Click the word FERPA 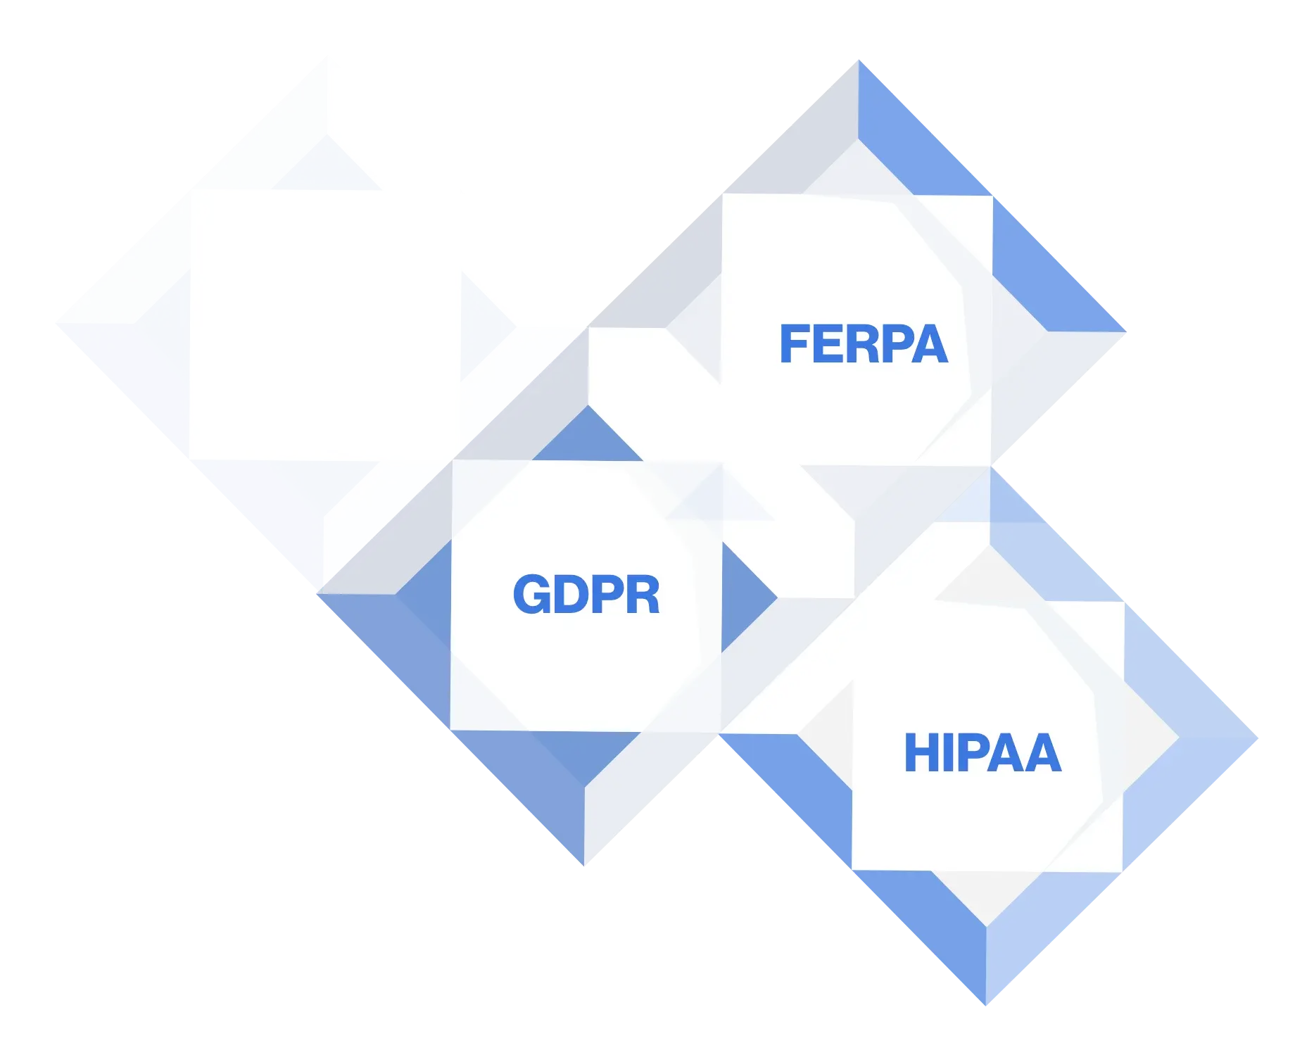point(864,344)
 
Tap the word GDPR point(586,595)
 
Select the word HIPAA point(983,753)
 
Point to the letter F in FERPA point(794,344)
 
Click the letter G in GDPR point(531,595)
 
